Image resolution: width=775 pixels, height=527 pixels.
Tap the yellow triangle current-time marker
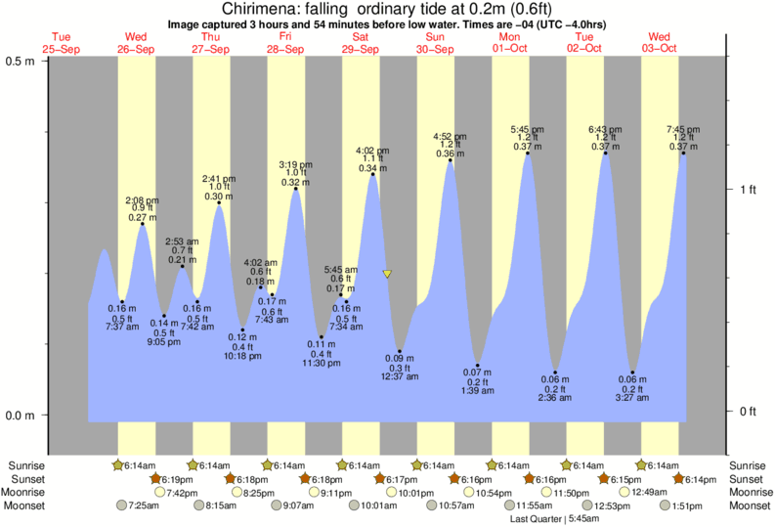pos(388,275)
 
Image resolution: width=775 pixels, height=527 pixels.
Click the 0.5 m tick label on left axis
pos(22,61)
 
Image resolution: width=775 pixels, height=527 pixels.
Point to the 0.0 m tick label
pos(22,416)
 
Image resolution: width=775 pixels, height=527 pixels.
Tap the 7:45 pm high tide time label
pos(682,129)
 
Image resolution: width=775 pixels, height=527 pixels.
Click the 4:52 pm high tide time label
pos(450,136)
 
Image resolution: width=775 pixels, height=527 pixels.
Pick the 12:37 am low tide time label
pos(400,377)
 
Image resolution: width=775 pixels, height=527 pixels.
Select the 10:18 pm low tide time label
pos(243,356)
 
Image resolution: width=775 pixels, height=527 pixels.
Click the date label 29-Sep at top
pos(361,49)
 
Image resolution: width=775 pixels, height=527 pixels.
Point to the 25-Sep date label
pos(62,49)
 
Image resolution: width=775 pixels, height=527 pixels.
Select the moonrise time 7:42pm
pos(182,493)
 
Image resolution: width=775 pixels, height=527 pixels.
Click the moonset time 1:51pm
pos(688,505)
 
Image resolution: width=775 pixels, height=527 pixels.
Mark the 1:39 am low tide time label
pos(477,390)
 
